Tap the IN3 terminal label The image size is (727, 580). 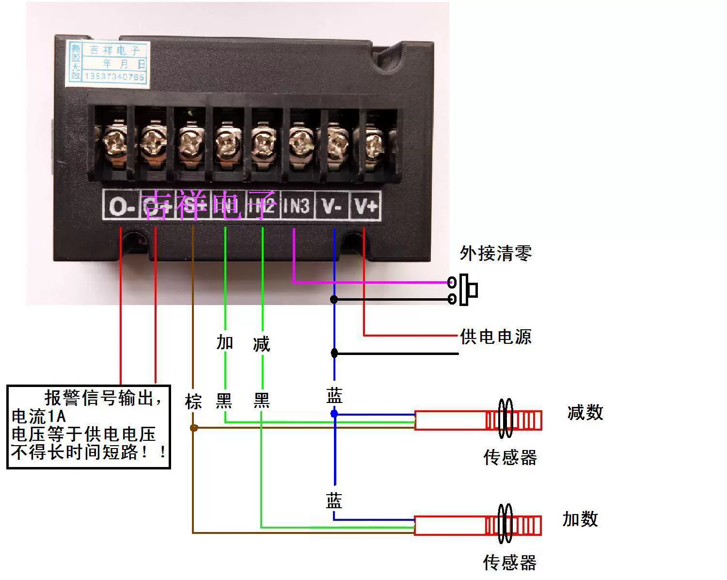[x=296, y=206]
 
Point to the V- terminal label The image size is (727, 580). [x=332, y=206]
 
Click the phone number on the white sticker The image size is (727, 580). [x=114, y=77]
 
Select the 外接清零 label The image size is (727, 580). [x=495, y=253]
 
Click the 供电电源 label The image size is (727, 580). [x=495, y=337]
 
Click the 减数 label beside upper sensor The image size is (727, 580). [x=585, y=413]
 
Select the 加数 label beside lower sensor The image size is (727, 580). [x=580, y=519]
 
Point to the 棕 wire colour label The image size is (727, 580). [x=193, y=402]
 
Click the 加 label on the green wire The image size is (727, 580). [x=224, y=342]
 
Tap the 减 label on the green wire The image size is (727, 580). [x=261, y=344]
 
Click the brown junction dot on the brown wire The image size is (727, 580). [x=193, y=428]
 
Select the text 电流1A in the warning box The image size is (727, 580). [x=39, y=416]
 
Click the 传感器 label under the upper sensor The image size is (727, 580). [x=510, y=457]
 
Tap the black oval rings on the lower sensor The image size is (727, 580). [x=505, y=524]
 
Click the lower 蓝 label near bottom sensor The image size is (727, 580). [x=334, y=501]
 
